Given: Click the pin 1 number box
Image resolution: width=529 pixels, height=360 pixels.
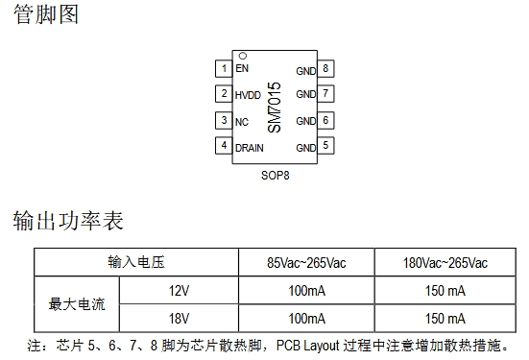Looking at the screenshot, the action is [x=224, y=68].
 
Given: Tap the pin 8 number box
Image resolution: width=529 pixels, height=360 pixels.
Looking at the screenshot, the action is [x=325, y=68].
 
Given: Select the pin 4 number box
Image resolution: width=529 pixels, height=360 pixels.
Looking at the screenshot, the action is [x=224, y=145].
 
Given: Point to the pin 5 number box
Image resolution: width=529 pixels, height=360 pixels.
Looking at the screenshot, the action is [x=325, y=145].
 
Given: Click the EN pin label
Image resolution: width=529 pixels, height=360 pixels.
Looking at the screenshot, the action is [x=242, y=68].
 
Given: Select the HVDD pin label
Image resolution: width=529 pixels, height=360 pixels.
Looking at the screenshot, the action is [x=248, y=95].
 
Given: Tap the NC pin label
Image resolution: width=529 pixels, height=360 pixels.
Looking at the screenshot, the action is [x=242, y=122].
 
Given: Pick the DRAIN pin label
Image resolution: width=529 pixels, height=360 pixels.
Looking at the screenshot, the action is [x=250, y=148].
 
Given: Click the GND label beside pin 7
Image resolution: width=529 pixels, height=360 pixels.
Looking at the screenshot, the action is [x=306, y=94].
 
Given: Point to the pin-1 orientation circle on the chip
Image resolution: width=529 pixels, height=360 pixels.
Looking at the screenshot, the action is [x=243, y=56].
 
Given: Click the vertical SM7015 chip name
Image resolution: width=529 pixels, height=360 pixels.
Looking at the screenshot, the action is [x=274, y=108].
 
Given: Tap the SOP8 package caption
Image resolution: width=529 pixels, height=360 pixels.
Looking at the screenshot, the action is [x=276, y=176].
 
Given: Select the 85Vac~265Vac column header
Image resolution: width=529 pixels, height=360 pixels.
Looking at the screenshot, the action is [x=306, y=263].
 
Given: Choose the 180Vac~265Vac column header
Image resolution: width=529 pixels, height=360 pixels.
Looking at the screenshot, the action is [x=445, y=263].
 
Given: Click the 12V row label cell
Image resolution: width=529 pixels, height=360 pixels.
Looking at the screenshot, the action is [x=179, y=291].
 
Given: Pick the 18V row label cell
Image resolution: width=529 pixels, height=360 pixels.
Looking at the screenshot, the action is [x=179, y=318].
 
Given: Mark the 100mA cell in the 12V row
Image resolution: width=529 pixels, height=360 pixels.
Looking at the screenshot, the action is [x=306, y=291].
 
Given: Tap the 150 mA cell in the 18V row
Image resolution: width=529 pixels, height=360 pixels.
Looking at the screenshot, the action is [x=445, y=318].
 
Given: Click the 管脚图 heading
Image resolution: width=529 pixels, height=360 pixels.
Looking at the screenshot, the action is [x=46, y=14].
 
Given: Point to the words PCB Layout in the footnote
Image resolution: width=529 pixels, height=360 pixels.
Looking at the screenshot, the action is [x=307, y=346].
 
